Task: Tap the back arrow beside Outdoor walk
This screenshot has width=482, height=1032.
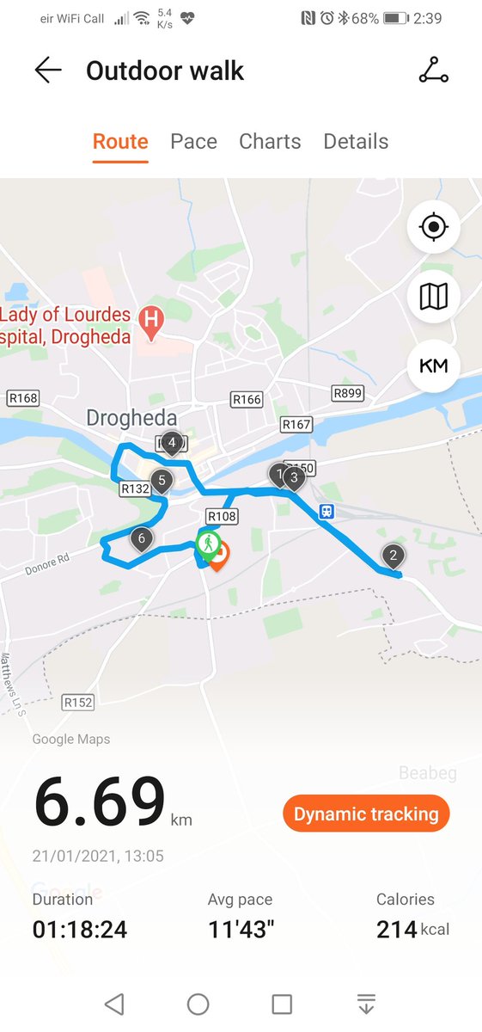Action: (48, 71)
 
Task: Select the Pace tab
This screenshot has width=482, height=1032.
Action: (193, 142)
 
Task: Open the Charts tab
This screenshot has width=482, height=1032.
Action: (270, 142)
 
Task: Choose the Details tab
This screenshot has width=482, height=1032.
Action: (356, 142)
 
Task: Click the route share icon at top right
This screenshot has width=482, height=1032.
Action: (433, 71)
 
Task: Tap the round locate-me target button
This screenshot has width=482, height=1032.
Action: (434, 228)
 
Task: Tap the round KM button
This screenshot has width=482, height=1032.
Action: (434, 365)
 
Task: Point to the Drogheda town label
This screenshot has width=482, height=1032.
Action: (131, 419)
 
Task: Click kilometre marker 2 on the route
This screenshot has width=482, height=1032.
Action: (393, 556)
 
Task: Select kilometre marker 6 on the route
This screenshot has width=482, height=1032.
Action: (142, 540)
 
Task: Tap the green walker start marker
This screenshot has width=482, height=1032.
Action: (207, 544)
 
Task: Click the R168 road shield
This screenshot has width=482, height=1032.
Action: (22, 398)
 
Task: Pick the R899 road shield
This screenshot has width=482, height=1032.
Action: (347, 393)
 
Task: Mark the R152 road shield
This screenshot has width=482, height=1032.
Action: (78, 703)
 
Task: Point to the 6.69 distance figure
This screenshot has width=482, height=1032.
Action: (99, 801)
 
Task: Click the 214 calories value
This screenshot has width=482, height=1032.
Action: (396, 929)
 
